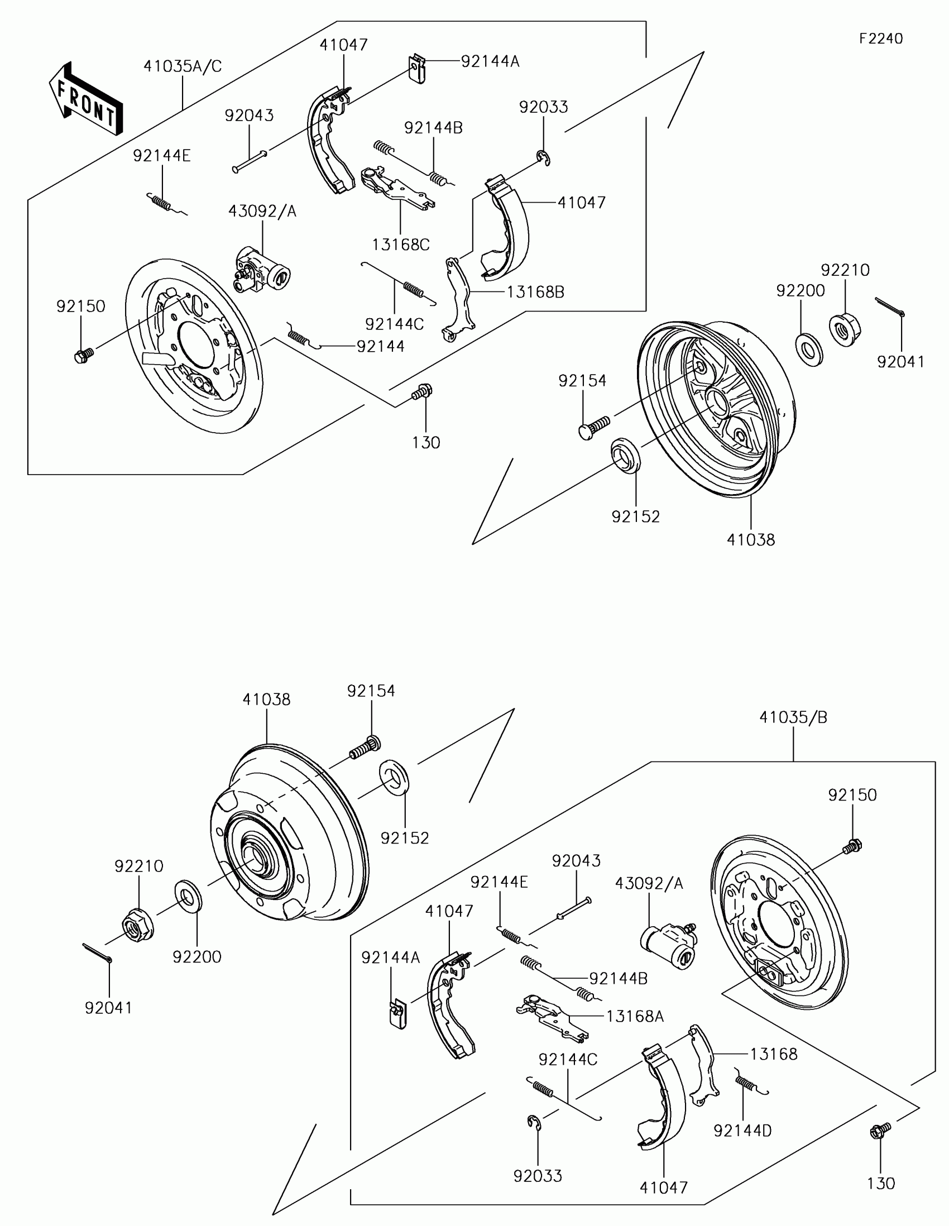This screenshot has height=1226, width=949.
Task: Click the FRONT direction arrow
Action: click(x=85, y=98)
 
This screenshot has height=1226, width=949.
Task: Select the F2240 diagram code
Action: click(x=880, y=38)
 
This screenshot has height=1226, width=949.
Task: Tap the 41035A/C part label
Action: click(x=183, y=66)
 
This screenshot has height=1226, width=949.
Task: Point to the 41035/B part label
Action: click(x=793, y=717)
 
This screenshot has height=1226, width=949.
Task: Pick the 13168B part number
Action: click(x=535, y=292)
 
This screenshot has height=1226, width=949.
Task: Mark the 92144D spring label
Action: click(x=742, y=1131)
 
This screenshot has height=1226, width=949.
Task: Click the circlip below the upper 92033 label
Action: click(x=543, y=159)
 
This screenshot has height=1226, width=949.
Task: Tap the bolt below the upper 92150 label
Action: click(x=84, y=354)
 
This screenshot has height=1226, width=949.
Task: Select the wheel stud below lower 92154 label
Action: click(x=365, y=748)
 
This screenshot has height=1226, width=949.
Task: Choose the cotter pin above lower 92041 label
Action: click(x=98, y=954)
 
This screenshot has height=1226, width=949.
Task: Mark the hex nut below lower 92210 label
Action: click(x=138, y=926)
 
